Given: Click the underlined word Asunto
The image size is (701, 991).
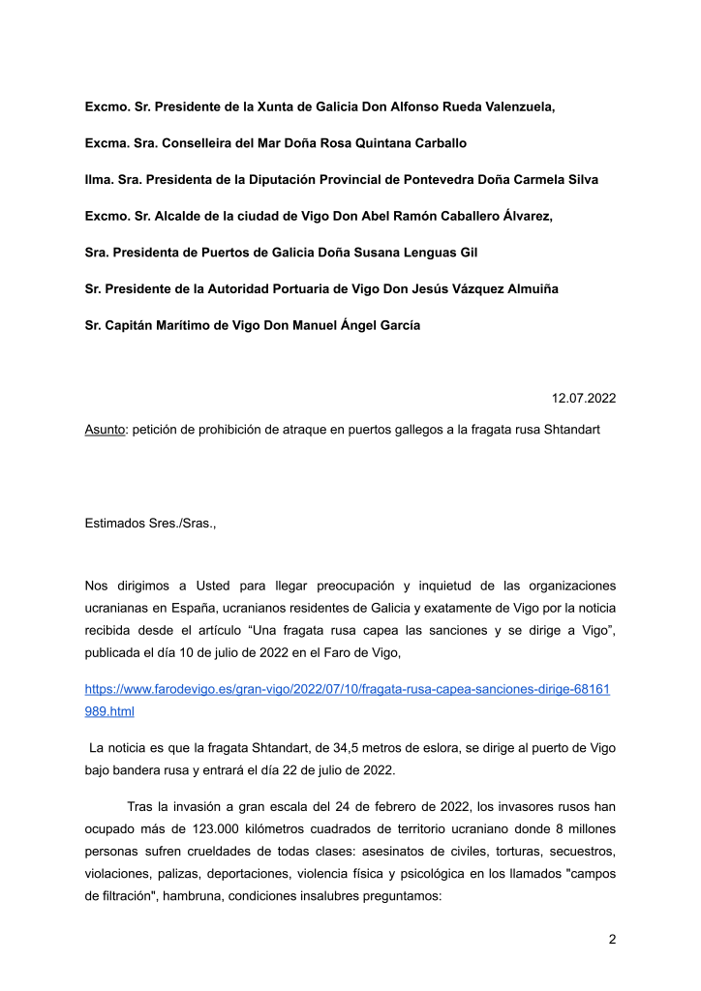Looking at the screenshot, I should [105, 429].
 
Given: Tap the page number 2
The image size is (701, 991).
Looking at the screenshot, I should [612, 939].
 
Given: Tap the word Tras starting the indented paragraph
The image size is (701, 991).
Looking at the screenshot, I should [139, 806].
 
